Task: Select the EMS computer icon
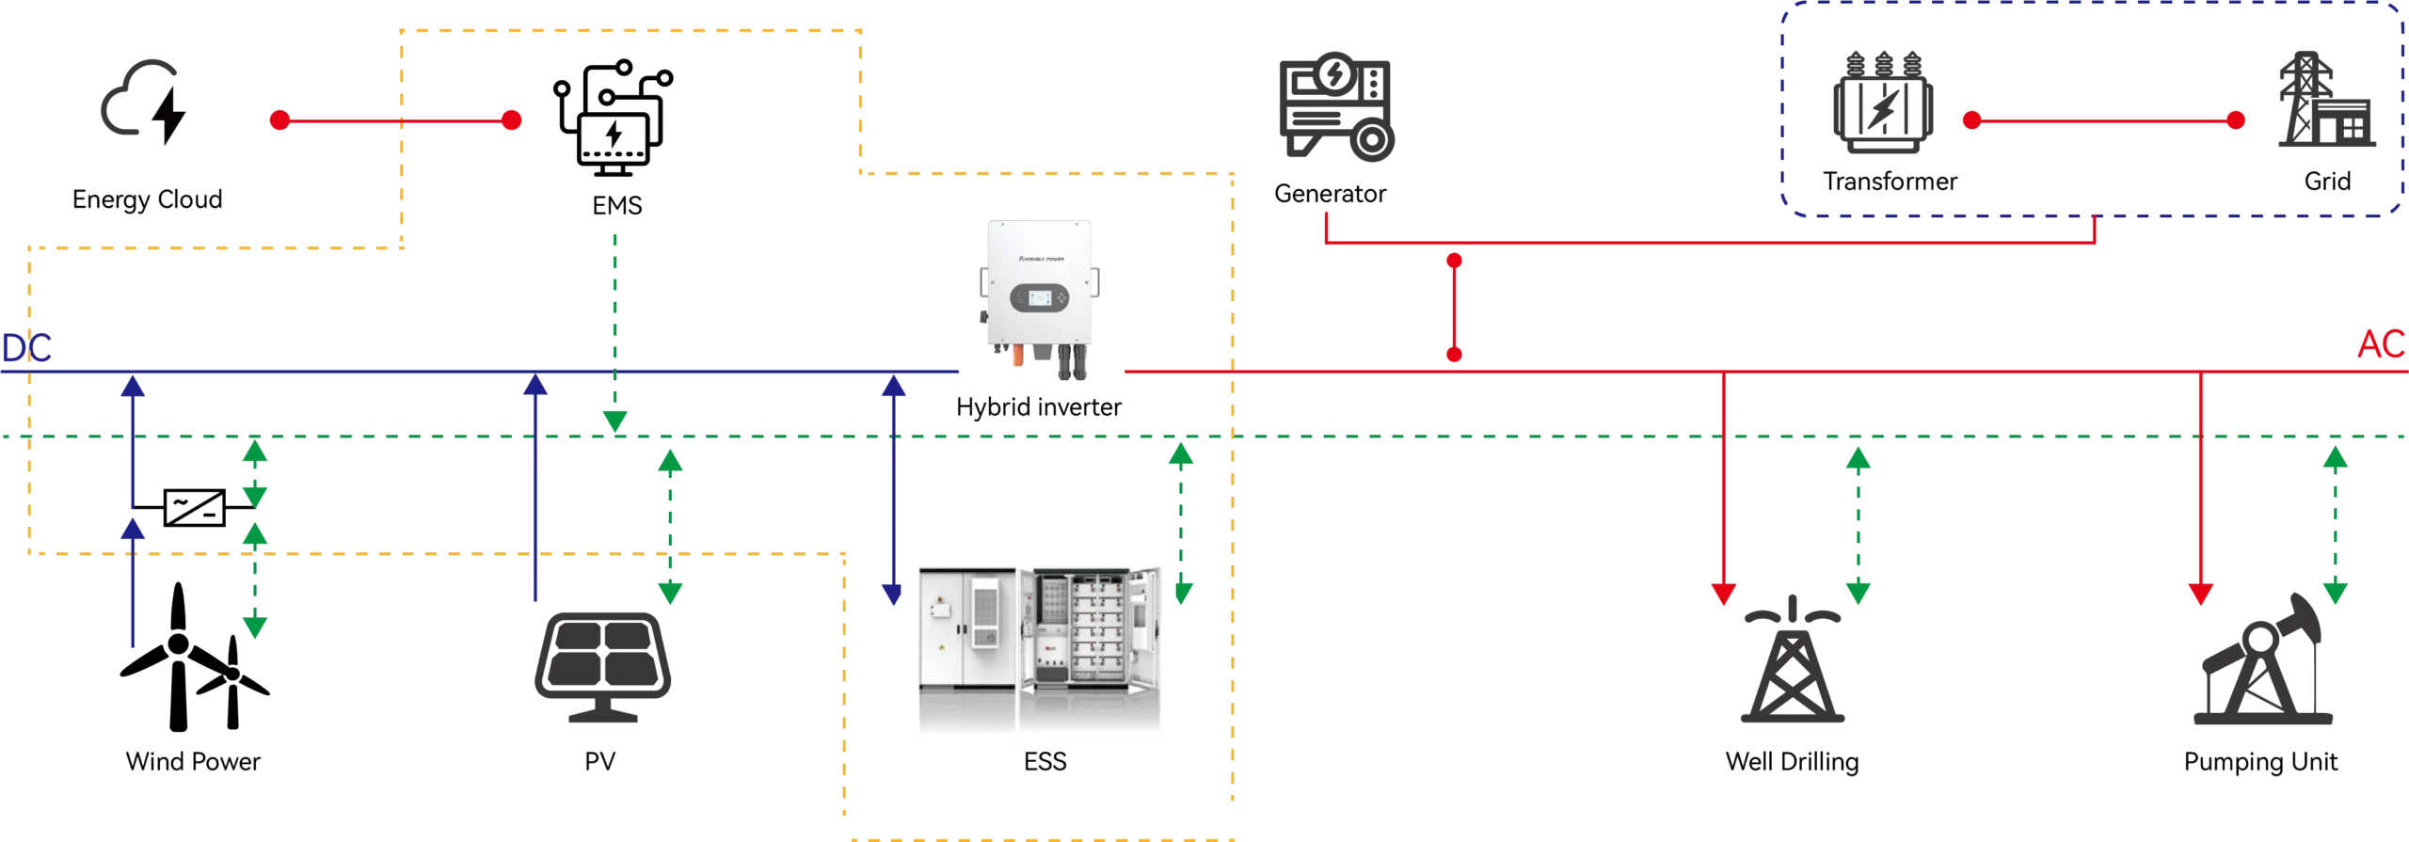[x=613, y=118]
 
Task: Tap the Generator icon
[x=1336, y=105]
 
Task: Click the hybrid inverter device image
[x=1040, y=299]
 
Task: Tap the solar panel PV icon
[x=602, y=666]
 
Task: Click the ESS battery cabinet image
[x=1040, y=649]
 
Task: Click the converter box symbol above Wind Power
[x=194, y=508]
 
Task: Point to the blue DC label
[x=26, y=348]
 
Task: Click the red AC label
[x=2381, y=344]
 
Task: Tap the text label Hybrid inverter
[x=1039, y=407]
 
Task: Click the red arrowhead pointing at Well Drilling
[x=1723, y=594]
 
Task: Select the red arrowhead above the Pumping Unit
[x=2200, y=594]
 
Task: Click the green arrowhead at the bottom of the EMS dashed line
[x=614, y=421]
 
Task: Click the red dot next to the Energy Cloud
[x=279, y=120]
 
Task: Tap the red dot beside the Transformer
[x=1972, y=120]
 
